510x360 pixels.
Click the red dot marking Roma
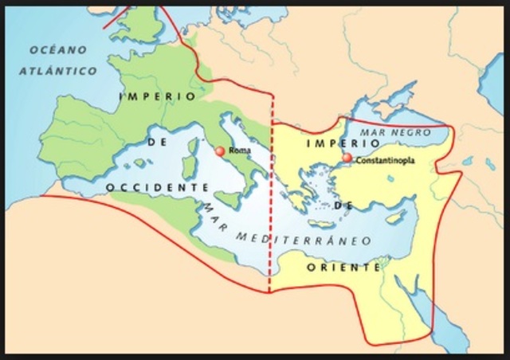(220, 150)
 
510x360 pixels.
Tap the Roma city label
(238, 150)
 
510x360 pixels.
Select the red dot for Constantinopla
(347, 158)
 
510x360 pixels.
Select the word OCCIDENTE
(155, 186)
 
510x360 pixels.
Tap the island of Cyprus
(392, 217)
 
